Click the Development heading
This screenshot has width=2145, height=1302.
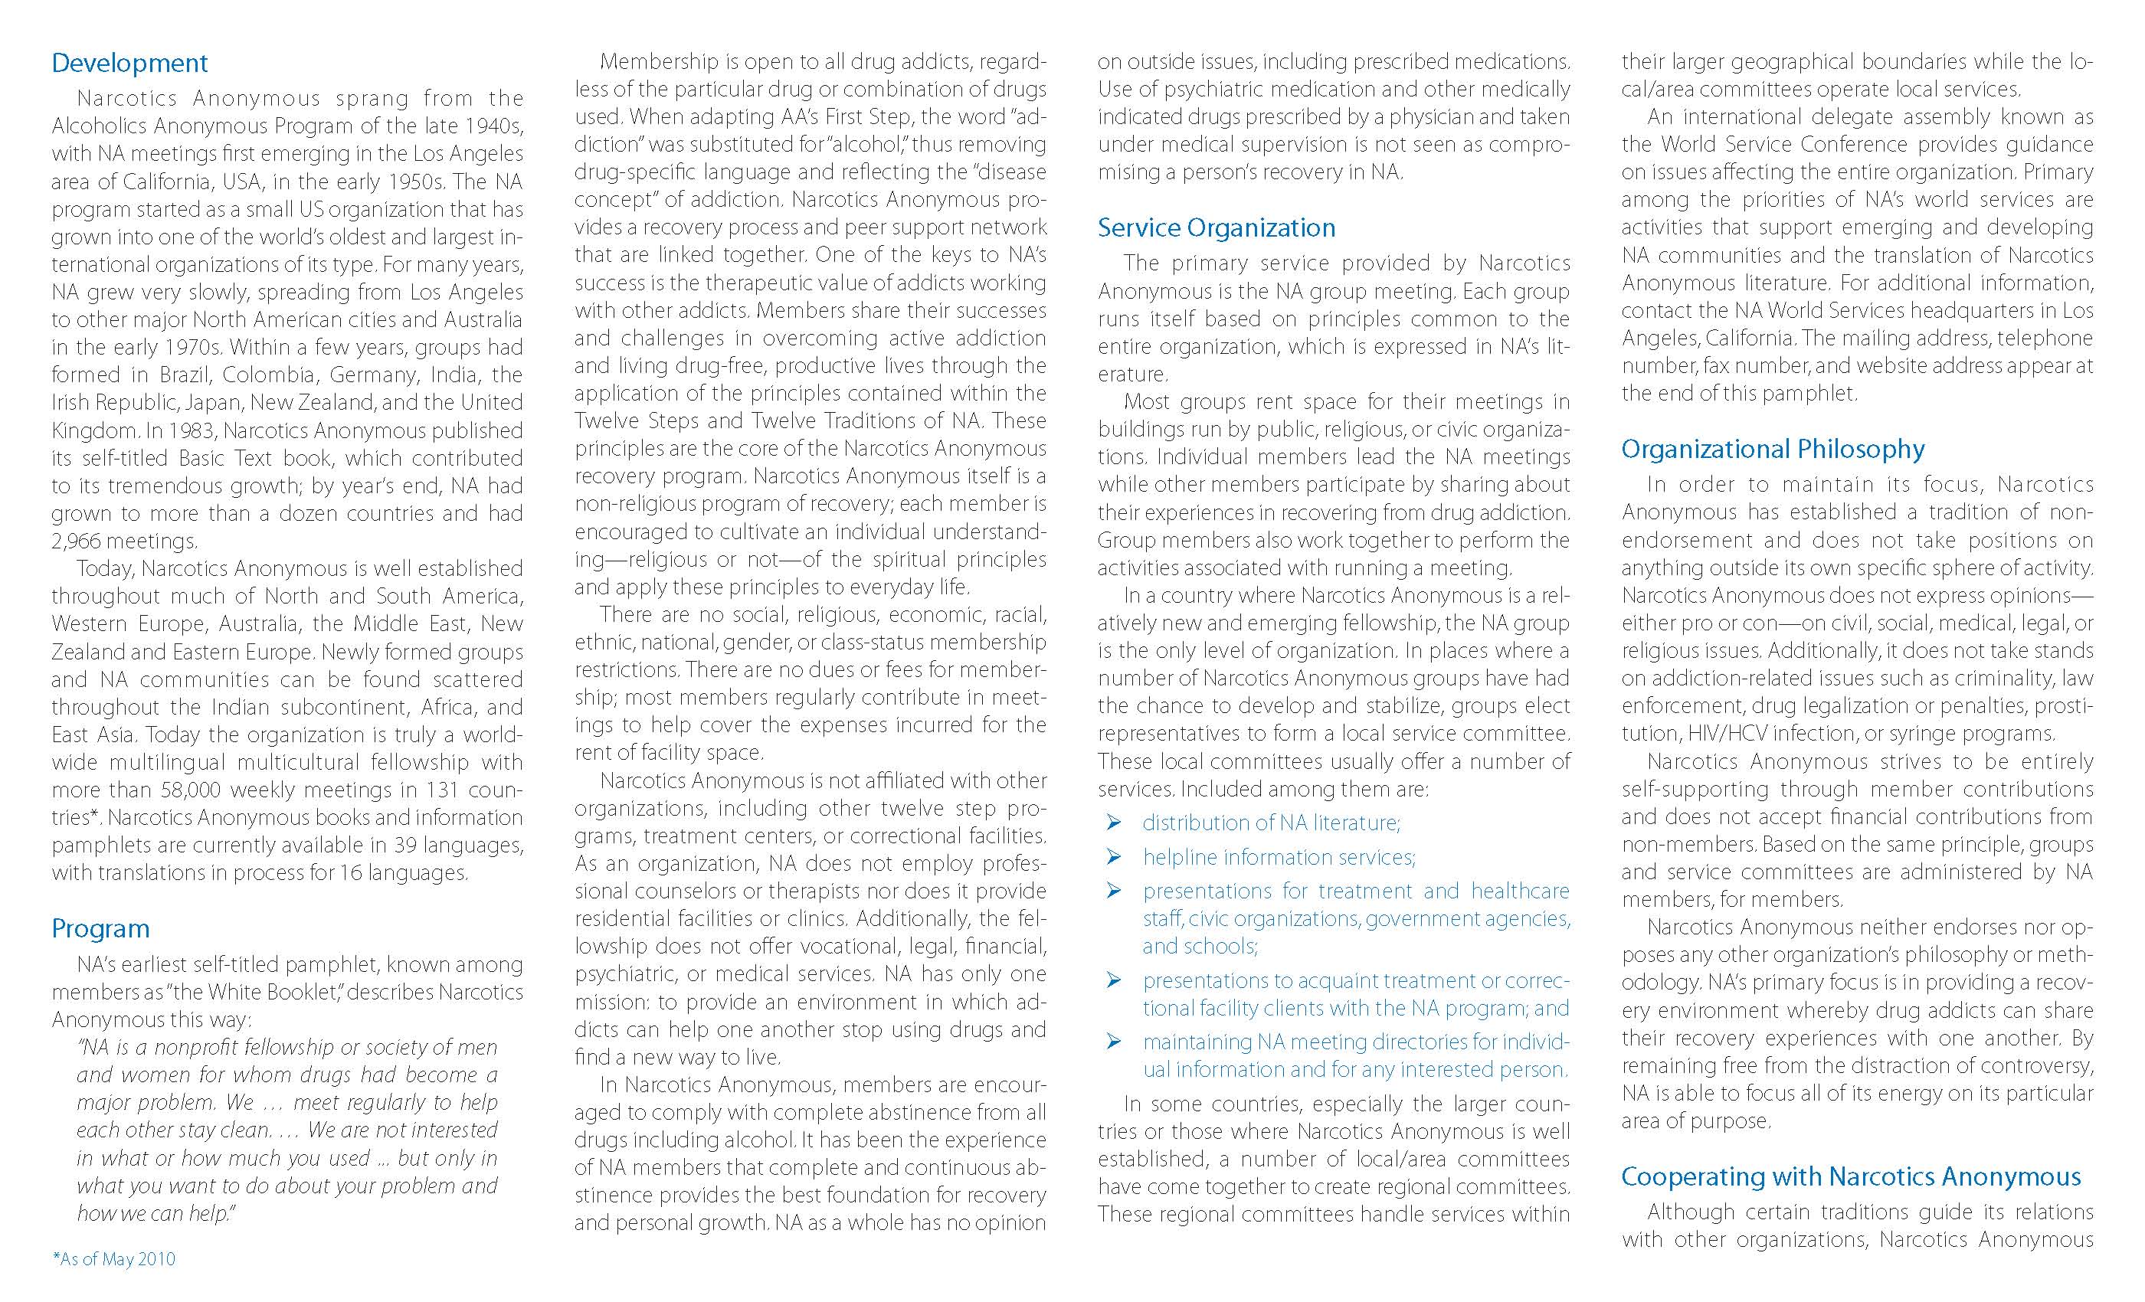tap(129, 63)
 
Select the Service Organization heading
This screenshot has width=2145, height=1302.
tap(1217, 228)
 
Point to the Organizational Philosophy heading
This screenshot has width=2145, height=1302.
tap(1773, 449)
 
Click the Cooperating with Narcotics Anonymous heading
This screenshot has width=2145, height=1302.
tap(1851, 1176)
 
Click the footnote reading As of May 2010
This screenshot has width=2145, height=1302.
tap(114, 1259)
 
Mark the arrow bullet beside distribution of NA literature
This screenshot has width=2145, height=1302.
tap(1113, 823)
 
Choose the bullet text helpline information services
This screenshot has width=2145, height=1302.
tap(1279, 857)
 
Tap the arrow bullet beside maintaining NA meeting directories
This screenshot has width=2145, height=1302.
tap(1113, 1042)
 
